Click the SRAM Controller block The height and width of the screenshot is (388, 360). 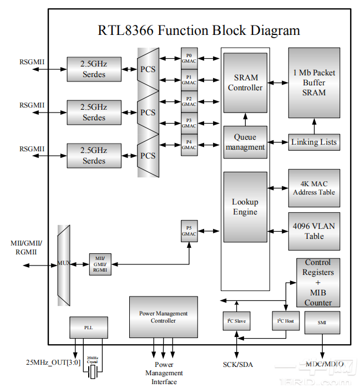pos(245,83)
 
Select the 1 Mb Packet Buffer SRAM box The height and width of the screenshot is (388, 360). pos(314,83)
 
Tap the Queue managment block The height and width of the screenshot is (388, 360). pos(245,142)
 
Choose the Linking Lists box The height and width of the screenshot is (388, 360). pos(314,142)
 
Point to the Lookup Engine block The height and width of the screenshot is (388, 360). pos(245,207)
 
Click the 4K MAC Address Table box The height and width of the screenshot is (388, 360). pos(314,187)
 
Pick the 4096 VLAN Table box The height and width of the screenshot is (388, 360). pos(314,231)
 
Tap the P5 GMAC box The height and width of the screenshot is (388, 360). pos(189,231)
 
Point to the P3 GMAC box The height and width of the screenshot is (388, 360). pos(189,123)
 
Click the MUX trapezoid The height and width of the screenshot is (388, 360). pos(64,264)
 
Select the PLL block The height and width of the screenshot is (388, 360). pos(89,328)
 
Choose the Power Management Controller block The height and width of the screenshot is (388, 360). pos(163,317)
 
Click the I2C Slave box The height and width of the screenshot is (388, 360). pos(236,321)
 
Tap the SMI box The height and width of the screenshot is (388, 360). pos(322,322)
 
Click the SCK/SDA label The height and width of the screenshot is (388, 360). pos(236,364)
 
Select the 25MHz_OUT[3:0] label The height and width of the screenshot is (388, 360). pos(53,363)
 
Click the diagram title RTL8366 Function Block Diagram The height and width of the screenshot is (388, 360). pos(199,30)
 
